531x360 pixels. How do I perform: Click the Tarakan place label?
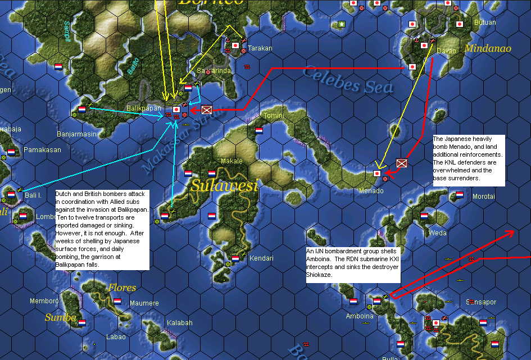[260, 48]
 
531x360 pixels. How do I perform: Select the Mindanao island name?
[488, 49]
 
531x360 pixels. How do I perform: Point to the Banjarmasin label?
[77, 134]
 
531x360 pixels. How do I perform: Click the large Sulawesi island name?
[224, 185]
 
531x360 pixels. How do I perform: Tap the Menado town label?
[371, 191]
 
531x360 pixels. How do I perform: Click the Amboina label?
[360, 316]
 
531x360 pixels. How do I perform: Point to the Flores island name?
[122, 288]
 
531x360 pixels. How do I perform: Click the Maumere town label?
[144, 303]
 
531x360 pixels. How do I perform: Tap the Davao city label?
[446, 51]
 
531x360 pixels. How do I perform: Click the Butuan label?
[484, 22]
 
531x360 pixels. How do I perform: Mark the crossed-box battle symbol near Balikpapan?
[206, 110]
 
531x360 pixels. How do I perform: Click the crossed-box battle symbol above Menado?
[401, 163]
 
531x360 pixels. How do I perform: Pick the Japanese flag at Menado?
[377, 174]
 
